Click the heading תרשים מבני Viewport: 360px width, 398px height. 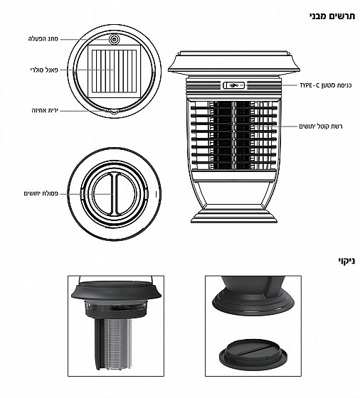point(332,16)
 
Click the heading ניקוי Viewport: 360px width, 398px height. point(346,261)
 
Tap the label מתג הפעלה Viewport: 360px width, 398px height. point(43,39)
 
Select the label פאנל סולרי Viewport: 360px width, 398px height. point(44,70)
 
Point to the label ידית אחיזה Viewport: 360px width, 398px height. point(45,111)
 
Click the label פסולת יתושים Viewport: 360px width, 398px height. point(41,193)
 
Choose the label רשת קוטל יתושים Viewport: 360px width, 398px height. point(321,127)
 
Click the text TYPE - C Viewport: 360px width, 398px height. point(309,85)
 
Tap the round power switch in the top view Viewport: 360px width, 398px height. point(114,39)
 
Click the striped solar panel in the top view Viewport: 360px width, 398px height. point(114,71)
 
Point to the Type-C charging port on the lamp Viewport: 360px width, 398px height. point(234,85)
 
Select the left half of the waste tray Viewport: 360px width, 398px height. point(102,193)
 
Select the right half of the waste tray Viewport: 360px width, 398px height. point(126,193)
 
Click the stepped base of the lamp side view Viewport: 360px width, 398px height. point(234,215)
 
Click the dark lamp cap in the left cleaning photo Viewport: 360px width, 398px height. point(116,289)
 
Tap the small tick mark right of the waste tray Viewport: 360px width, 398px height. point(156,194)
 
